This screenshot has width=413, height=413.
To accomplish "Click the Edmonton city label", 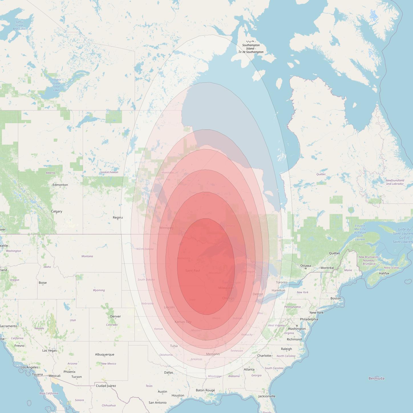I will (x=60, y=185).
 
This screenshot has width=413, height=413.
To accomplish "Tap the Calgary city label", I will (x=56, y=211).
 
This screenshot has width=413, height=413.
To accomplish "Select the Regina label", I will (x=118, y=218).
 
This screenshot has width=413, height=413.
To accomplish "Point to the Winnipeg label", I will (x=166, y=228).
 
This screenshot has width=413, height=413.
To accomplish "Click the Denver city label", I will (x=115, y=316).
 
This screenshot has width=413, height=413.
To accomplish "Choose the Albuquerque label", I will (x=105, y=355).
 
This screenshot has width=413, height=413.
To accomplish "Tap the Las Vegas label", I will (x=49, y=351).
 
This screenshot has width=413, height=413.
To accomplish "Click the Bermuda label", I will (x=376, y=378).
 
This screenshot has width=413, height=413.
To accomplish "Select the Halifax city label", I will (x=384, y=273).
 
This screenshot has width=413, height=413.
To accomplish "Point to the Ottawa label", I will (x=305, y=266).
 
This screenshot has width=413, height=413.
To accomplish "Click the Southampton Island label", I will (x=251, y=48).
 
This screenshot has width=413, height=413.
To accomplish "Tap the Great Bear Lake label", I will (x=19, y=25).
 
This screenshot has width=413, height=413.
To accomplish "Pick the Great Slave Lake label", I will (x=56, y=85).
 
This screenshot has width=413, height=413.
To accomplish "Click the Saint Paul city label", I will (x=193, y=270).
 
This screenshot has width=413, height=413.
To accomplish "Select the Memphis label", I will (x=213, y=354).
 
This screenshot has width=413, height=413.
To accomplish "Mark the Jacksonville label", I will (x=267, y=396).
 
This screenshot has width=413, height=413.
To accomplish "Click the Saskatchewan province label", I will (x=109, y=172).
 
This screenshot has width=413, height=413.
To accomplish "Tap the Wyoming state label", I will (x=99, y=290).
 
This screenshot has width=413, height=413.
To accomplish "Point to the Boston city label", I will (x=336, y=298).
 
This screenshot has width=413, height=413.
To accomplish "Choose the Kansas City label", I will (x=183, y=322).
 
